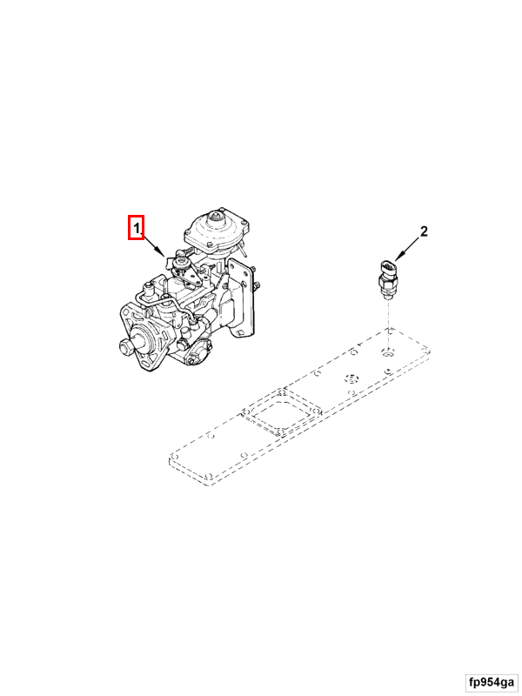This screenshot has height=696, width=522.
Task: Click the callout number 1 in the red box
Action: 137,228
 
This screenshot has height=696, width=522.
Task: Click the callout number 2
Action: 424,231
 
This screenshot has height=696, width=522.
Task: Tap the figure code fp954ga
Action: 492,681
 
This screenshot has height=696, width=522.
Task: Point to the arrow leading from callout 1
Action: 153,245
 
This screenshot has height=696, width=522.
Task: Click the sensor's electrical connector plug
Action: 387,268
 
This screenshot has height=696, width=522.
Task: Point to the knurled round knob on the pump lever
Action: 181,263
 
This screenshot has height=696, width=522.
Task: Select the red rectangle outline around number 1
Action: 137,227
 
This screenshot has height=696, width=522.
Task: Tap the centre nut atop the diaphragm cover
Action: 217,217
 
